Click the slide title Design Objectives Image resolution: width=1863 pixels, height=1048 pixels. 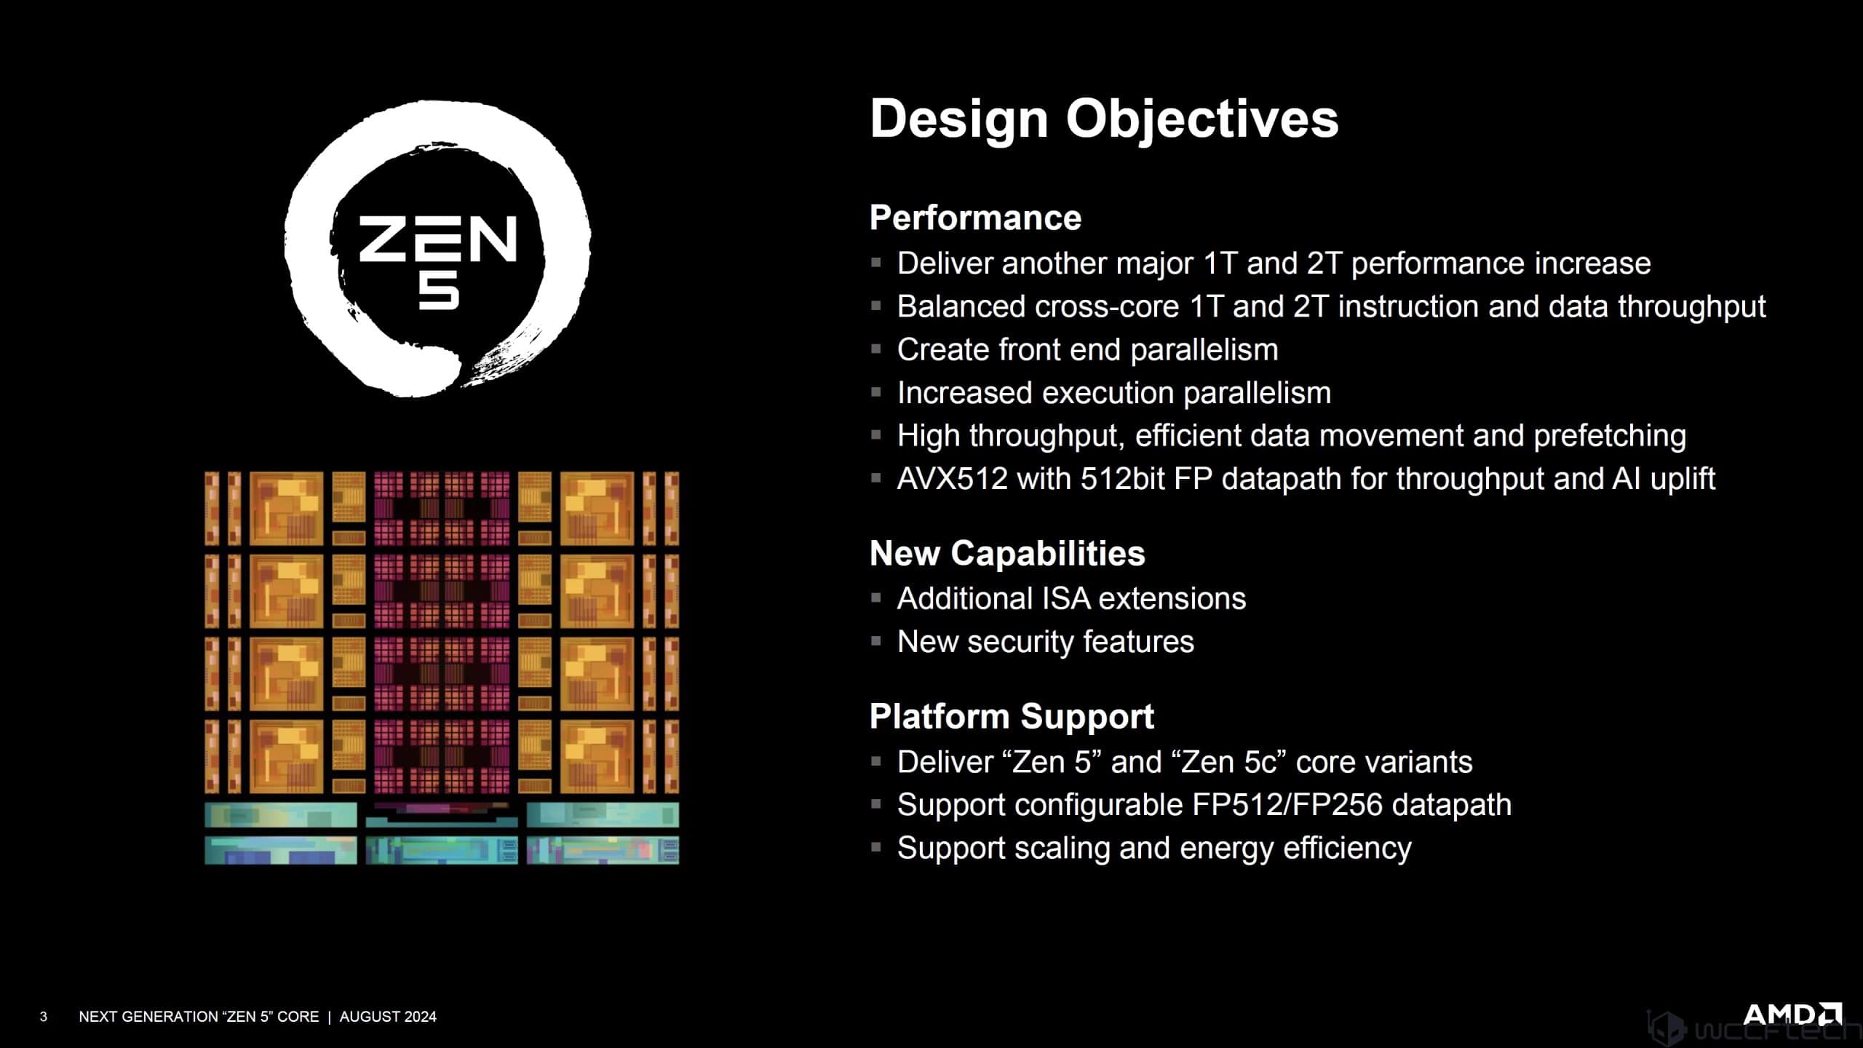tap(1103, 119)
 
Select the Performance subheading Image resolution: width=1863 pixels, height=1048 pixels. tap(975, 218)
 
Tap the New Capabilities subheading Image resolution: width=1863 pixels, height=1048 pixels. tap(1006, 553)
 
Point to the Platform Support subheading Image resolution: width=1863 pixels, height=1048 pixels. tap(1012, 716)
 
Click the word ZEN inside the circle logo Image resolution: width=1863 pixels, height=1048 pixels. tap(437, 239)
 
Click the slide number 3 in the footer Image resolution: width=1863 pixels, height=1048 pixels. tap(44, 1017)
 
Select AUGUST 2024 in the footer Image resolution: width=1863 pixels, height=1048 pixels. tap(388, 1017)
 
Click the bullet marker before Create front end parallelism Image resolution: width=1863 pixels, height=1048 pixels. tap(876, 349)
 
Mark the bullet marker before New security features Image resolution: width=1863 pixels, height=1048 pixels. tap(876, 642)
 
